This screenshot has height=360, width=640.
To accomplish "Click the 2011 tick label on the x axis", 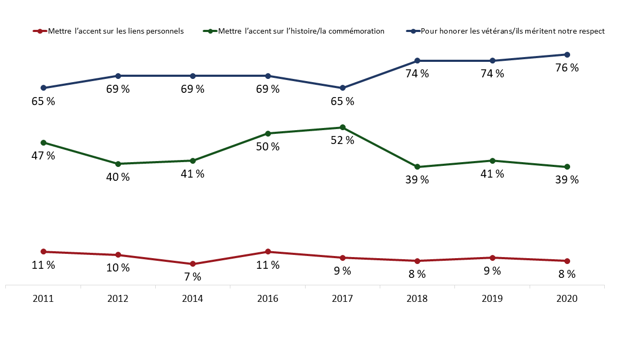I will pyautogui.click(x=43, y=300).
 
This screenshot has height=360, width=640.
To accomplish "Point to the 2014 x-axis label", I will pyautogui.click(x=193, y=300).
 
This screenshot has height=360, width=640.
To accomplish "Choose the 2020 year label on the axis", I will pyautogui.click(x=567, y=300).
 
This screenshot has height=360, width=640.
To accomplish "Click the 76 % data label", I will pyautogui.click(x=567, y=68).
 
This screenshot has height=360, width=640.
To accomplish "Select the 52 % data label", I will pyautogui.click(x=342, y=140).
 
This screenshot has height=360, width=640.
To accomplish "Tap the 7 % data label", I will pyautogui.click(x=193, y=277).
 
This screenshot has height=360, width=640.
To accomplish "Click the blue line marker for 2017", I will pyautogui.click(x=342, y=88).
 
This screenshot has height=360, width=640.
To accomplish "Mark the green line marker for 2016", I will pyautogui.click(x=268, y=133).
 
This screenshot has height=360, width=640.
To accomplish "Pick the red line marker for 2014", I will pyautogui.click(x=193, y=264).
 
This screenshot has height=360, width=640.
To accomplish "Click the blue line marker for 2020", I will pyautogui.click(x=567, y=54).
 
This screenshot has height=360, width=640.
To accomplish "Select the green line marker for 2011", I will pyautogui.click(x=43, y=142).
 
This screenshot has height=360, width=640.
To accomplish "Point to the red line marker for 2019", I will pyautogui.click(x=492, y=258).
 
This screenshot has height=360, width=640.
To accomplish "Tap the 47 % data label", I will pyautogui.click(x=43, y=156).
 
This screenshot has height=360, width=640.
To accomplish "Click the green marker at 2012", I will pyautogui.click(x=118, y=164).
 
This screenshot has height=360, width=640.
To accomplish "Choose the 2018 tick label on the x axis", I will pyautogui.click(x=417, y=300).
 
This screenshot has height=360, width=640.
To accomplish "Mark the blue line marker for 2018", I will pyautogui.click(x=417, y=61).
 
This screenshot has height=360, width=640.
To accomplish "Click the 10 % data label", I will pyautogui.click(x=118, y=268).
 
